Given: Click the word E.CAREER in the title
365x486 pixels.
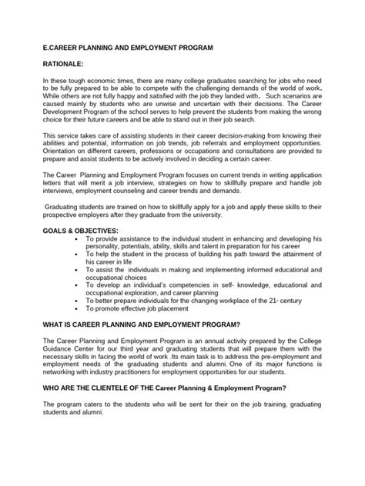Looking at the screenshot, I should pos(62,48).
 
